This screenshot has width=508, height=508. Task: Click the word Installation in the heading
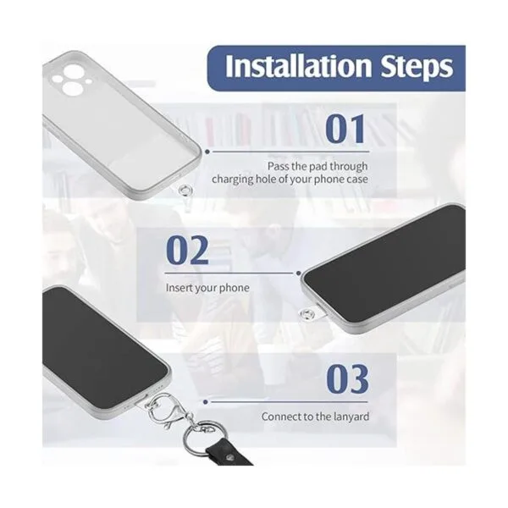(298, 66)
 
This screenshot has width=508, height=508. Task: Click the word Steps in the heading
(417, 67)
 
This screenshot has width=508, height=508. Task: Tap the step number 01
(345, 129)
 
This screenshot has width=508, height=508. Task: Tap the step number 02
(187, 250)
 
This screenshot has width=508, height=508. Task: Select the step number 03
(347, 378)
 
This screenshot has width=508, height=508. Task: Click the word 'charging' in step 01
(233, 179)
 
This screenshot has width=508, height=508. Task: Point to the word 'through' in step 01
(349, 167)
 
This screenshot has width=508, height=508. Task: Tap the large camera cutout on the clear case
(75, 88)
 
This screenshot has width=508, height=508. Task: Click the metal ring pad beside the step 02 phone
(306, 313)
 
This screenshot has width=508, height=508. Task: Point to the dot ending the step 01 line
(207, 152)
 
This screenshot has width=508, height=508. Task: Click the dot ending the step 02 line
(298, 273)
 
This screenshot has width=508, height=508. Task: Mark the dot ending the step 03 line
(206, 402)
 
